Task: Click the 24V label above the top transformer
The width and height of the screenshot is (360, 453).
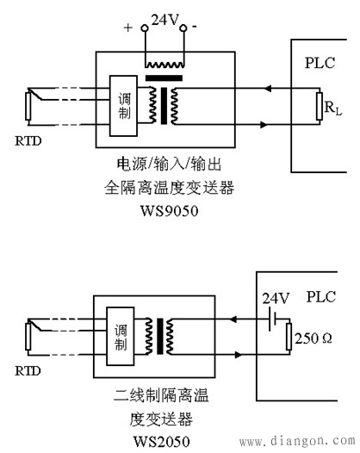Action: (x=164, y=17)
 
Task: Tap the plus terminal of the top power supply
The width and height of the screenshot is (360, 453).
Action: (x=144, y=28)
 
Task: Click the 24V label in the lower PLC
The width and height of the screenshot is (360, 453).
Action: (x=270, y=301)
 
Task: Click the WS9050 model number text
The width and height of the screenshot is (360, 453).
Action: (x=164, y=209)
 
